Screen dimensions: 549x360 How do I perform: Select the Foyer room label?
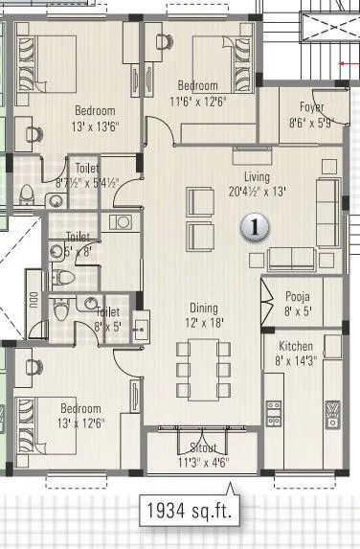click(311, 107)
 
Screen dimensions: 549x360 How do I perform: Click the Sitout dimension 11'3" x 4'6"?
click(203, 463)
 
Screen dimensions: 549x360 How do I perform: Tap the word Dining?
click(203, 309)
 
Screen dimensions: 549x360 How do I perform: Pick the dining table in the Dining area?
click(202, 370)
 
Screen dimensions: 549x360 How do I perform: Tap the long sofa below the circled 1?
click(292, 258)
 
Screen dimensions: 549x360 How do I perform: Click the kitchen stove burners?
click(275, 412)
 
